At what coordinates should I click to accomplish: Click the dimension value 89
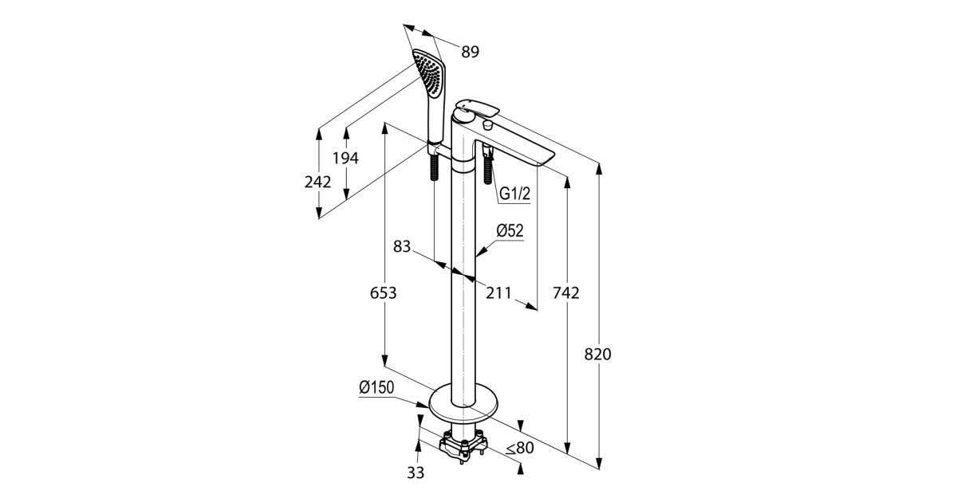(470, 53)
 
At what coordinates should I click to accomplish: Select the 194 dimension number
(345, 158)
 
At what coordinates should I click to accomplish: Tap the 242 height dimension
(317, 182)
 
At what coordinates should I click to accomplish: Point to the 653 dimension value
(384, 293)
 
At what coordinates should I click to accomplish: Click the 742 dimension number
(565, 293)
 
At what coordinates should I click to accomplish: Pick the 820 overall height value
(597, 355)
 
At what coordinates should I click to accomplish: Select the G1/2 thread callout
(515, 194)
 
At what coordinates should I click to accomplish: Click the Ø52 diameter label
(509, 230)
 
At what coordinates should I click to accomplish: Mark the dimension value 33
(416, 473)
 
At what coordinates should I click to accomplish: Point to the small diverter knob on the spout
(488, 125)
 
